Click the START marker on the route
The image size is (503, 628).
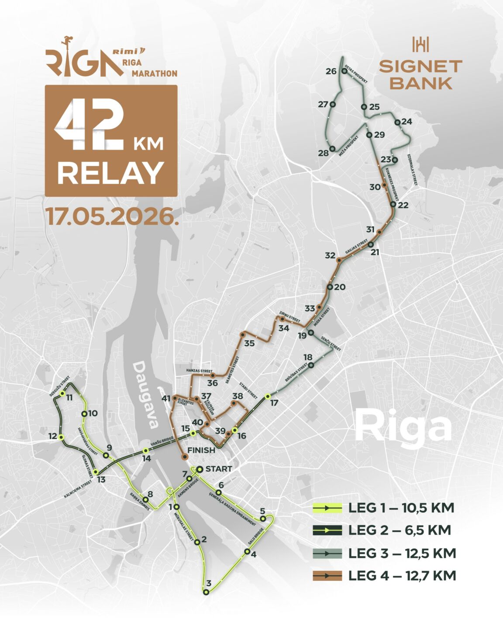pos(200,469)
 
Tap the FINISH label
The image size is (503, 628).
pos(201,450)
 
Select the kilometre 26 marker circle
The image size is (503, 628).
pos(344,72)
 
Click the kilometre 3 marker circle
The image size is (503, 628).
pos(206,592)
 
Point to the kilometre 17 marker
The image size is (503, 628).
pos(268,396)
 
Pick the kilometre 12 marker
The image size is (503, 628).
pos(61,437)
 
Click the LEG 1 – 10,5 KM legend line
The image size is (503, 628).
pos(327,508)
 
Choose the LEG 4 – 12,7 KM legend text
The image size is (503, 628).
pos(402,576)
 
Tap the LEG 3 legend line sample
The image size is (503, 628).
pos(327,553)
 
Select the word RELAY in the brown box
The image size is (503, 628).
pos(111,173)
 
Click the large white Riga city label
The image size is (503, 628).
pos(403,427)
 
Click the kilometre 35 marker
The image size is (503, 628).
pos(242,335)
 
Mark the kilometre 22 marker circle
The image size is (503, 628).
pos(393,204)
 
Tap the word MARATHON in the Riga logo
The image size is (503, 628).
pos(154,74)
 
